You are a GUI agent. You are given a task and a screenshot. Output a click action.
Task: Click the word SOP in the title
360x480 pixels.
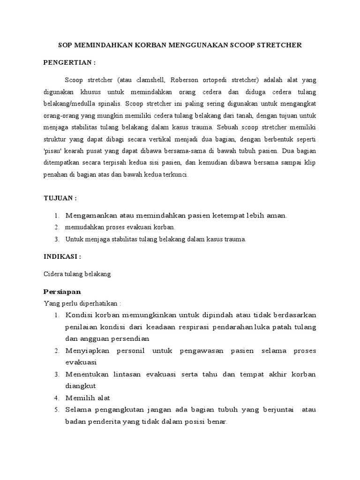click(65, 45)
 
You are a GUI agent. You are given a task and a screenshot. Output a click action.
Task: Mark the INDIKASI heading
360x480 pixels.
click(62, 257)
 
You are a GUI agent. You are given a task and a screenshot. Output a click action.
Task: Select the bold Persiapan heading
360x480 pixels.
click(62, 292)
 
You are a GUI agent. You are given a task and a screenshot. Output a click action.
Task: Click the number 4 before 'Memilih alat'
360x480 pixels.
click(56, 398)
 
